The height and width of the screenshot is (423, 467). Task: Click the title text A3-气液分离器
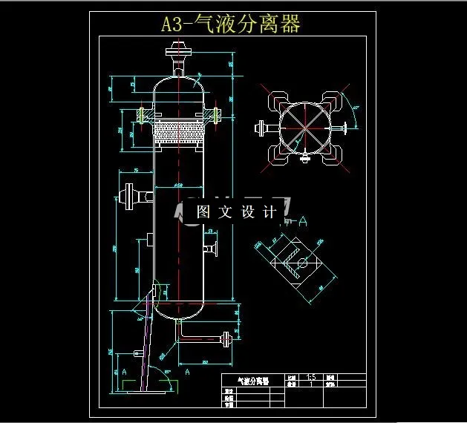click(231, 24)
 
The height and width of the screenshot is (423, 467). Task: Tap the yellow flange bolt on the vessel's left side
click(141, 115)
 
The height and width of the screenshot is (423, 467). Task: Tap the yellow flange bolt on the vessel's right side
click(215, 115)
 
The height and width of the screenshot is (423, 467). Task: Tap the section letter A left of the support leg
click(124, 370)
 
